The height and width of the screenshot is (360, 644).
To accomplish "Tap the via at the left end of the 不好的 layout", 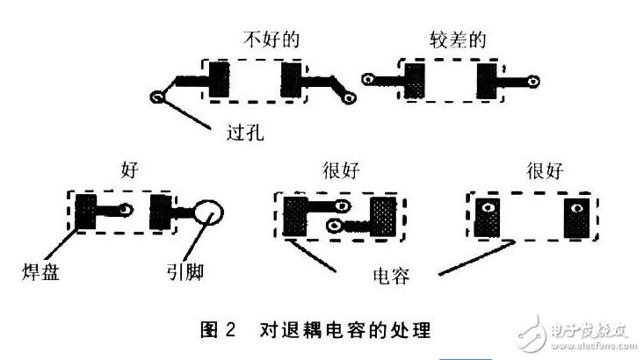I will [158, 97].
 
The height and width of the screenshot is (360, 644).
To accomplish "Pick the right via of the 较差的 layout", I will [533, 80].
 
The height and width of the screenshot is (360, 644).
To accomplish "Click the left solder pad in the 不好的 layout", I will [216, 81].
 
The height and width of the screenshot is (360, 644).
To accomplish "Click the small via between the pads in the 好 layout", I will [127, 211].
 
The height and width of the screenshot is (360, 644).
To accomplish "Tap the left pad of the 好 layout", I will [88, 212].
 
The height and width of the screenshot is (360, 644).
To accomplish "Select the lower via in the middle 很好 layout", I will [334, 227].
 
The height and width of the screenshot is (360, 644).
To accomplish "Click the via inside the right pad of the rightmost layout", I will [577, 209].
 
